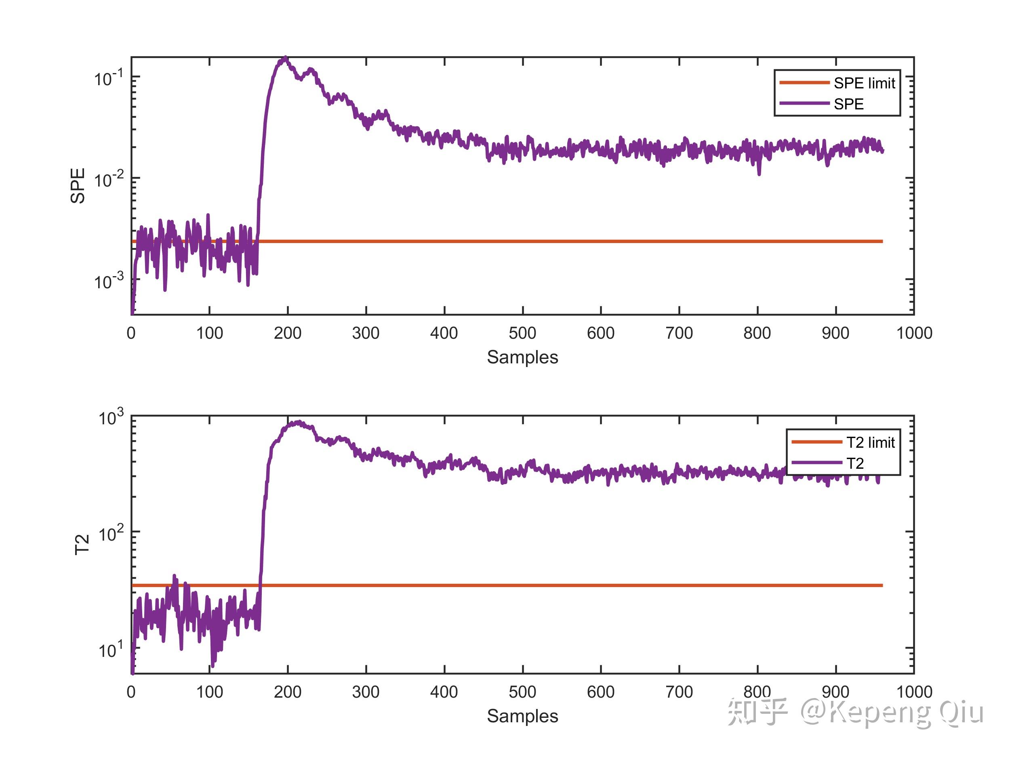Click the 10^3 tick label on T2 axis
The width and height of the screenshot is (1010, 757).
coord(111,417)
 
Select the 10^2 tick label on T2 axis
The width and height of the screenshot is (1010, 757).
coord(111,533)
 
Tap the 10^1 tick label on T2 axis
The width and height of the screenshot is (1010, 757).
coord(111,649)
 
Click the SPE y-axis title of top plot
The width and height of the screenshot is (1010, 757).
coord(78,186)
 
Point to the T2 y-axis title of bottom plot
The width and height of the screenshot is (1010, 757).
coord(82,544)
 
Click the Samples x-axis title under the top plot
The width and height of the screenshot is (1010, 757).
coord(522,357)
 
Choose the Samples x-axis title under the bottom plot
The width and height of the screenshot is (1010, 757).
coord(522,716)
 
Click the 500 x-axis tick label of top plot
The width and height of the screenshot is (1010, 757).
coord(522,333)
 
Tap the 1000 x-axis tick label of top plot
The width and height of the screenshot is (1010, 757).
coord(914,333)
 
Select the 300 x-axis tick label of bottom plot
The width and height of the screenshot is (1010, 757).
coord(366,692)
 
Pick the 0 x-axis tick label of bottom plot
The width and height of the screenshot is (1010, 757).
coord(131,692)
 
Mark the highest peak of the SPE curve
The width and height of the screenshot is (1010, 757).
coord(285,58)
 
